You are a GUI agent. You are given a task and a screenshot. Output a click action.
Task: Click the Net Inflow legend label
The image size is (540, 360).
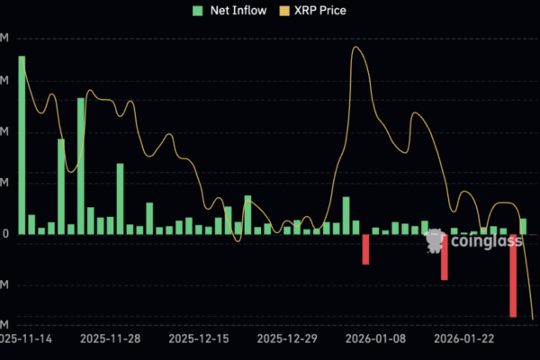[x=237, y=11]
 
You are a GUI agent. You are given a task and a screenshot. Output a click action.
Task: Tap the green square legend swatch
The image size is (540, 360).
[x=197, y=11]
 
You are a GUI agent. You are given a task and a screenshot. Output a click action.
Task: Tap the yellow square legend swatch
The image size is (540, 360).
[x=286, y=11]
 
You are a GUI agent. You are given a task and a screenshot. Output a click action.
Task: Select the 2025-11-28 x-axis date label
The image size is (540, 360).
[x=110, y=339]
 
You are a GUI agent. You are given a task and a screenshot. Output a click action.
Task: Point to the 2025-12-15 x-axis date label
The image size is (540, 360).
[x=199, y=339]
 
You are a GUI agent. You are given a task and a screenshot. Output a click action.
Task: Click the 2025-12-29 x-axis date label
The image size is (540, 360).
[x=287, y=339]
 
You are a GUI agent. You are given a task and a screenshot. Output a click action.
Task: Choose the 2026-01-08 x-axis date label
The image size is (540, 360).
[x=375, y=339]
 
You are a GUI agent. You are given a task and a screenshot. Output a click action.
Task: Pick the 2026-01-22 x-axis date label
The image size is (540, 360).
[x=464, y=339]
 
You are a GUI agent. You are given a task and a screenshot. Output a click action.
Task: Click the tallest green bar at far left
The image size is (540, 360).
[x=22, y=144]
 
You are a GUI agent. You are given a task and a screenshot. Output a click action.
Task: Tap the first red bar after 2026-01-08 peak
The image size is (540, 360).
[x=366, y=249]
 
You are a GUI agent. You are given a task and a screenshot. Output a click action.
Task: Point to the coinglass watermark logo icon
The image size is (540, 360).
[x=435, y=240]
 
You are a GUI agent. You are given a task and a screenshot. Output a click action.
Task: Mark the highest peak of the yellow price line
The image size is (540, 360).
[x=355, y=47]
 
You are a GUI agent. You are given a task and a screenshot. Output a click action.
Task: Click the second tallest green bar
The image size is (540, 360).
[x=81, y=166]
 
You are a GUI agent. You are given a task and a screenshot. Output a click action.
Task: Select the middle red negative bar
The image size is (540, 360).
[x=445, y=256]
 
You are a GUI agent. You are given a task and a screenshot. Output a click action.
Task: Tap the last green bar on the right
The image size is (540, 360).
[x=523, y=226]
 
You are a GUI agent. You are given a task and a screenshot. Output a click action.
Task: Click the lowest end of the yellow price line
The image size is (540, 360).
[x=533, y=319]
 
